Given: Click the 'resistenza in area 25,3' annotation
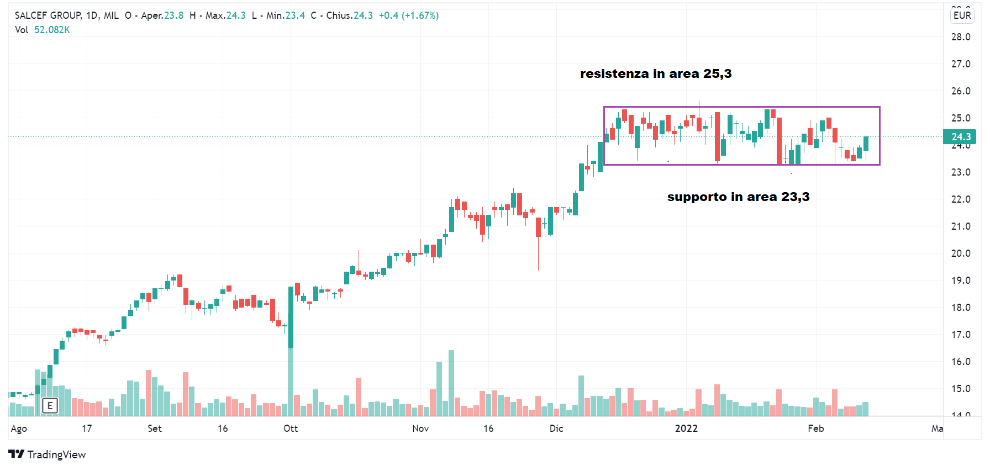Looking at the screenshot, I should (x=656, y=74).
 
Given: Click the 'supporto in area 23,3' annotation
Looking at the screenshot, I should (x=738, y=197).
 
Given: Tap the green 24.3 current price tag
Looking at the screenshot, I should (x=960, y=137).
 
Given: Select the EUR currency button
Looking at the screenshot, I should (x=962, y=15).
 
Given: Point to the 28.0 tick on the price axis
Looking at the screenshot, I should (x=961, y=37).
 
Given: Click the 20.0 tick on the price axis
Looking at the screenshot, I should (x=961, y=253).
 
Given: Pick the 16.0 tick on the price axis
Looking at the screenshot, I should (x=961, y=362).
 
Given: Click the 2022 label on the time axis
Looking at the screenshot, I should (x=686, y=429).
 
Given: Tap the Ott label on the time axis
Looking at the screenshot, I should (x=291, y=429).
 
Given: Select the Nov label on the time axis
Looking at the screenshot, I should (x=420, y=429).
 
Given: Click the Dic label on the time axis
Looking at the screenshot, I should (x=556, y=429).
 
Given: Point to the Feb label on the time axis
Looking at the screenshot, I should (x=816, y=429).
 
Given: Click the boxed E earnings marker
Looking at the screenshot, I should (x=50, y=406).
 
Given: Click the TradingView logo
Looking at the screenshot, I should (x=48, y=454).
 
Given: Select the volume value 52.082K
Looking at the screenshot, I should (x=52, y=30).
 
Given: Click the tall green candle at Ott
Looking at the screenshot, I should (x=291, y=317).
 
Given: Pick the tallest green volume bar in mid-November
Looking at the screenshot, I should (x=451, y=382).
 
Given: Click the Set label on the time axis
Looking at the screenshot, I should (x=155, y=429).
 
